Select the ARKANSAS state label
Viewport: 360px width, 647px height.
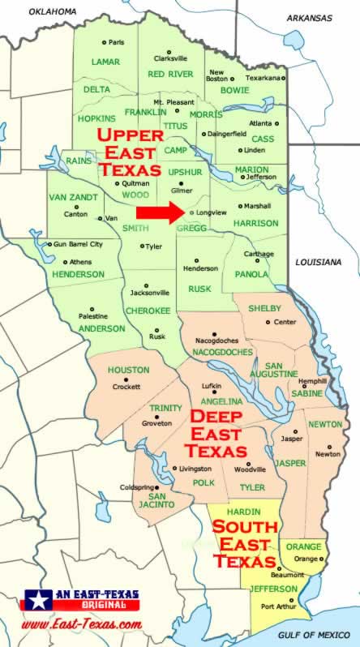click(309, 17)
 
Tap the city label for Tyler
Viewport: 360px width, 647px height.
click(154, 246)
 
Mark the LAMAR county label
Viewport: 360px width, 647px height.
click(105, 62)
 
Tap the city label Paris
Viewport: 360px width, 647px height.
click(117, 42)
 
